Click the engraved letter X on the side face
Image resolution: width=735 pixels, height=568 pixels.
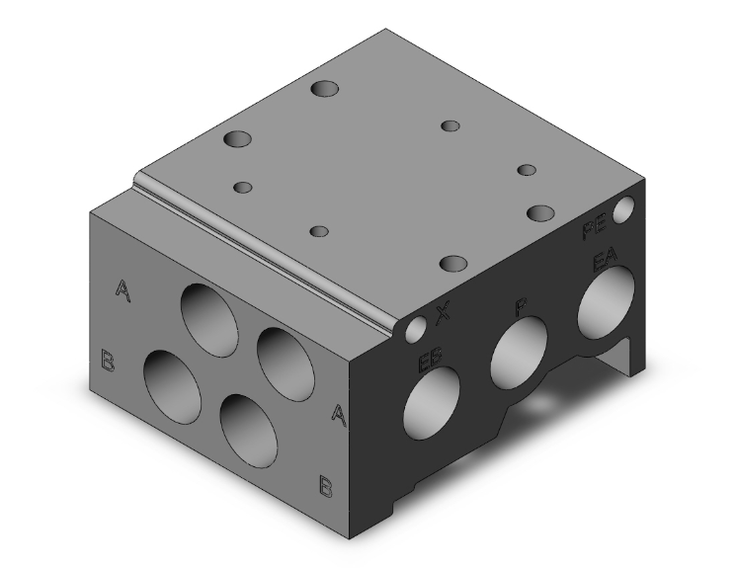click(444, 314)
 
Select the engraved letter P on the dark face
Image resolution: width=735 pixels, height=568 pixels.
click(521, 307)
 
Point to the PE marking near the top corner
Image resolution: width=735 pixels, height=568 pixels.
click(593, 233)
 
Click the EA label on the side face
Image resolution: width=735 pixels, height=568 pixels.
click(604, 262)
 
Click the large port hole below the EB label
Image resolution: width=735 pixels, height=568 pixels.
click(432, 406)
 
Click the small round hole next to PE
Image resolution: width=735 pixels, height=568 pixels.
click(623, 210)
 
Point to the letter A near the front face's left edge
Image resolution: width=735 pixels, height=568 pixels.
click(122, 288)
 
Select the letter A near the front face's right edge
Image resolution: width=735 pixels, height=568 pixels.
click(338, 415)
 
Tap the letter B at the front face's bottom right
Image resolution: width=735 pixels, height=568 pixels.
click(323, 484)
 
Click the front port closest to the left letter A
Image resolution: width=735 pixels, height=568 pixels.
click(207, 317)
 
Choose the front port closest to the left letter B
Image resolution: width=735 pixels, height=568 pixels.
click(173, 380)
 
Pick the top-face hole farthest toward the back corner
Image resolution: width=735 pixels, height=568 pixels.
click(324, 90)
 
